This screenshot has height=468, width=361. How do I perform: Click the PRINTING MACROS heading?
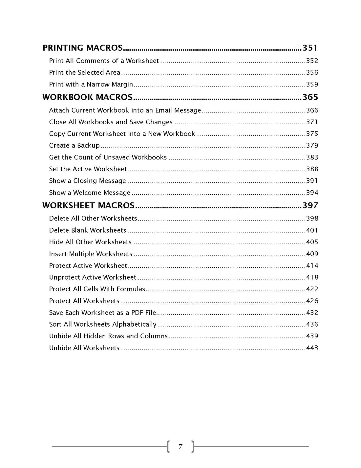pyautogui.click(x=82, y=48)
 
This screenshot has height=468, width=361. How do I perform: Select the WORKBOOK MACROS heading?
pyautogui.click(x=87, y=97)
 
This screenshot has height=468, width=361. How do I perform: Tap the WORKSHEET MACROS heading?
pyautogui.click(x=88, y=205)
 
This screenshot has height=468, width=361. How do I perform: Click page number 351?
pyautogui.click(x=310, y=48)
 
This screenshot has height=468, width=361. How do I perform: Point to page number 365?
pyautogui.click(x=310, y=97)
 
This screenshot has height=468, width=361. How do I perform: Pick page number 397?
pyautogui.click(x=310, y=205)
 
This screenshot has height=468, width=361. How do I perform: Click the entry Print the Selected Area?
pyautogui.click(x=85, y=73)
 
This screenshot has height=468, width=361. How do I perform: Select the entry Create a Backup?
pyautogui.click(x=74, y=146)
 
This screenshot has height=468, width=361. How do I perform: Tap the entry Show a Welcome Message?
pyautogui.click(x=90, y=193)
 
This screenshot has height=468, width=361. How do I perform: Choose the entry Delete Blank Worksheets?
pyautogui.click(x=88, y=230)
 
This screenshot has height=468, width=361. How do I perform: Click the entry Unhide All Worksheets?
pyautogui.click(x=84, y=348)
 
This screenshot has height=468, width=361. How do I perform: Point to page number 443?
pyautogui.click(x=312, y=348)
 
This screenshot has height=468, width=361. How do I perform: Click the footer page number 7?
pyautogui.click(x=180, y=447)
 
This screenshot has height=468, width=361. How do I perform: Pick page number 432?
pyautogui.click(x=312, y=313)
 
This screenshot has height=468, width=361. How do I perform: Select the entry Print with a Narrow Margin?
pyautogui.click(x=91, y=84)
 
